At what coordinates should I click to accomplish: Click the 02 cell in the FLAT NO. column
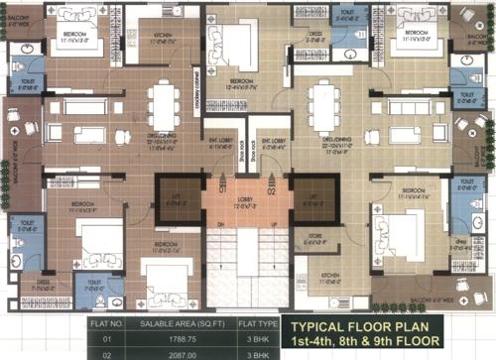point(37,352)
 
